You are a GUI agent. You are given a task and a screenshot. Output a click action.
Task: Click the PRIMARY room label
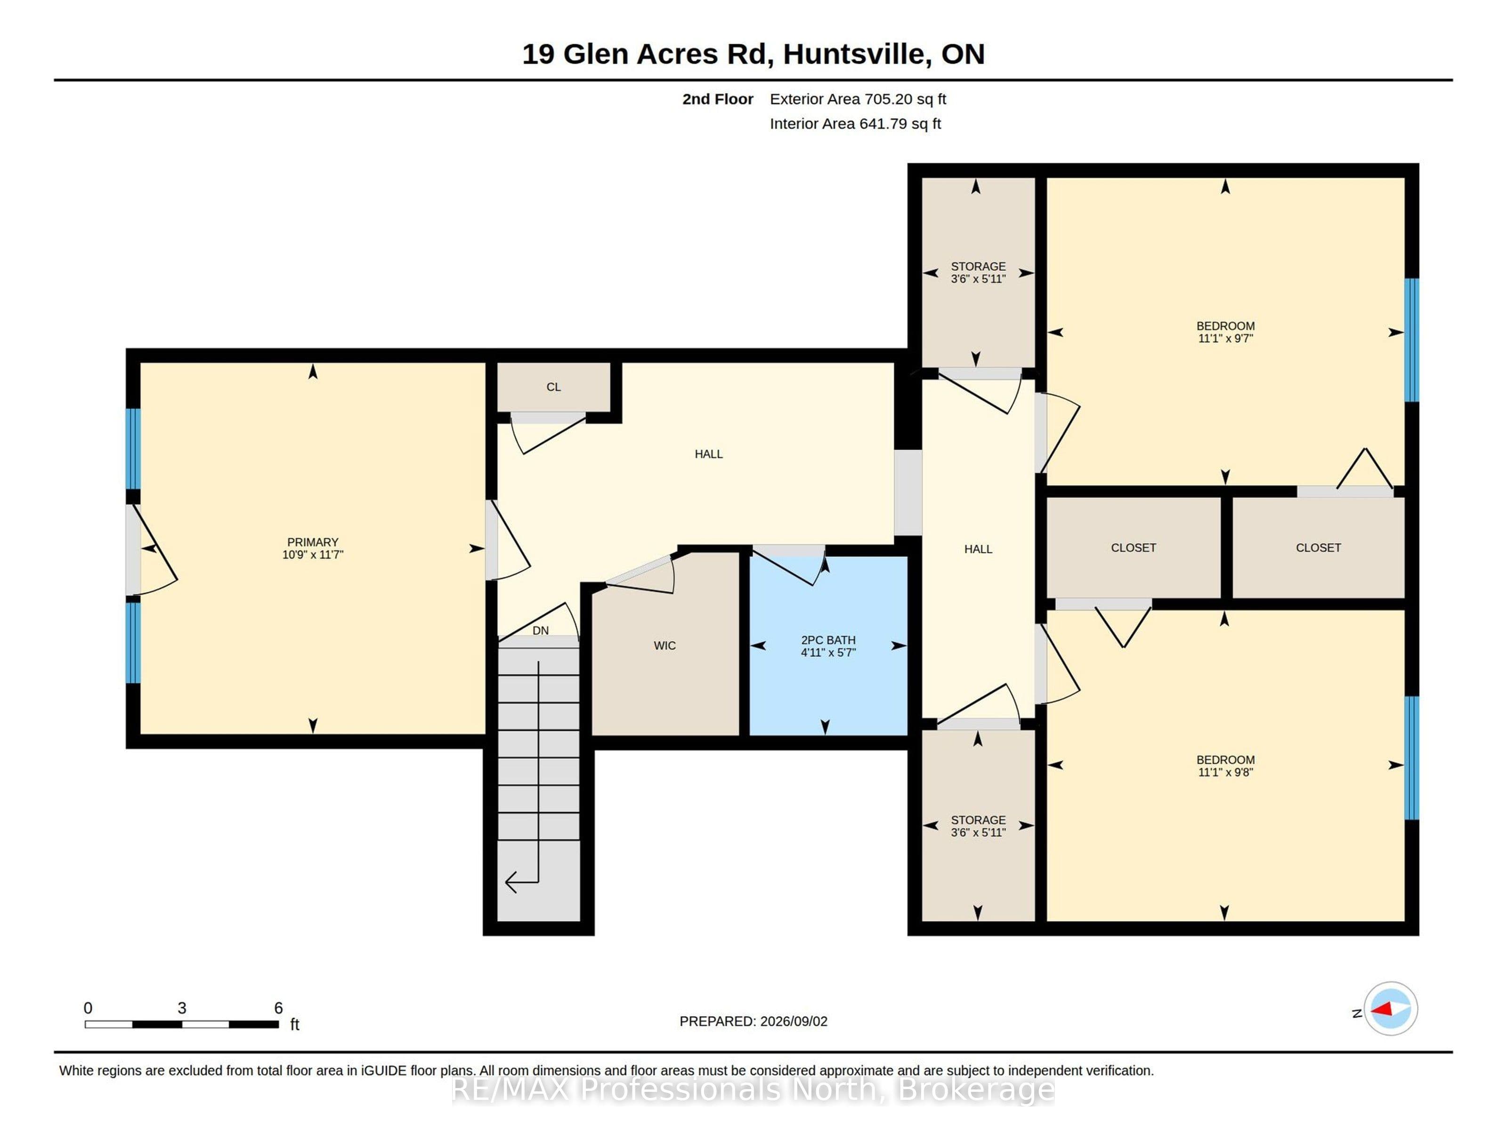313,542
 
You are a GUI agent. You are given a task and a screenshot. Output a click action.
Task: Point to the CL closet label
553,387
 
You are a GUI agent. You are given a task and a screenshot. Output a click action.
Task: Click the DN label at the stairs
540,631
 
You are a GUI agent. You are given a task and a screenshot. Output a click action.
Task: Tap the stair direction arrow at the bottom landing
522,882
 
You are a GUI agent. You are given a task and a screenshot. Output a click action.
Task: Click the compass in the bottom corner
1391,1009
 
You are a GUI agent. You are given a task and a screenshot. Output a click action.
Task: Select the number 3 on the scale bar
182,1008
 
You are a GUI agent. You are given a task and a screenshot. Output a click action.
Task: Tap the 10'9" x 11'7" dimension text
313,555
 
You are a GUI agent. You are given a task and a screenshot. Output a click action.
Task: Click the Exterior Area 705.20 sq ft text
858,99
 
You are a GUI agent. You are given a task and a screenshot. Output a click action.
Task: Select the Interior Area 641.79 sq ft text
855,124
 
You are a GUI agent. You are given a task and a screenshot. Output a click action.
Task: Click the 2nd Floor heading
717,99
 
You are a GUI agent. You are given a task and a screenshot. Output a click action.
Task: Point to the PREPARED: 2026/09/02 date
753,1022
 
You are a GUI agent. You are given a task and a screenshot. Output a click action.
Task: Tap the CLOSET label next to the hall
1133,548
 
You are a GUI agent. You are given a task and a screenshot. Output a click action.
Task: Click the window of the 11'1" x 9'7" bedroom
1411,340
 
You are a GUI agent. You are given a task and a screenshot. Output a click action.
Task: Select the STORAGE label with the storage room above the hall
978,266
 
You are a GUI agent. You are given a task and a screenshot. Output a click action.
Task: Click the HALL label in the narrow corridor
978,549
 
